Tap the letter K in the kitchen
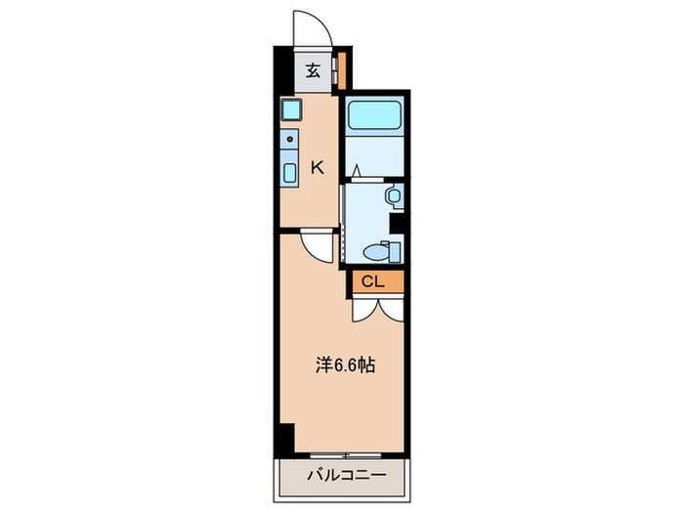[x=317, y=168]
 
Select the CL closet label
[x=371, y=282]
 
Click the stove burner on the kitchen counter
[x=290, y=140]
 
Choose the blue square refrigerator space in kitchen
[x=289, y=109]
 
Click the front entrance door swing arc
[x=313, y=27]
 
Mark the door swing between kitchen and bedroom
[x=319, y=245]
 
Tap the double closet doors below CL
[x=375, y=307]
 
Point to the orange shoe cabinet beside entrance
[x=340, y=69]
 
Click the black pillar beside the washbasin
[x=398, y=223]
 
